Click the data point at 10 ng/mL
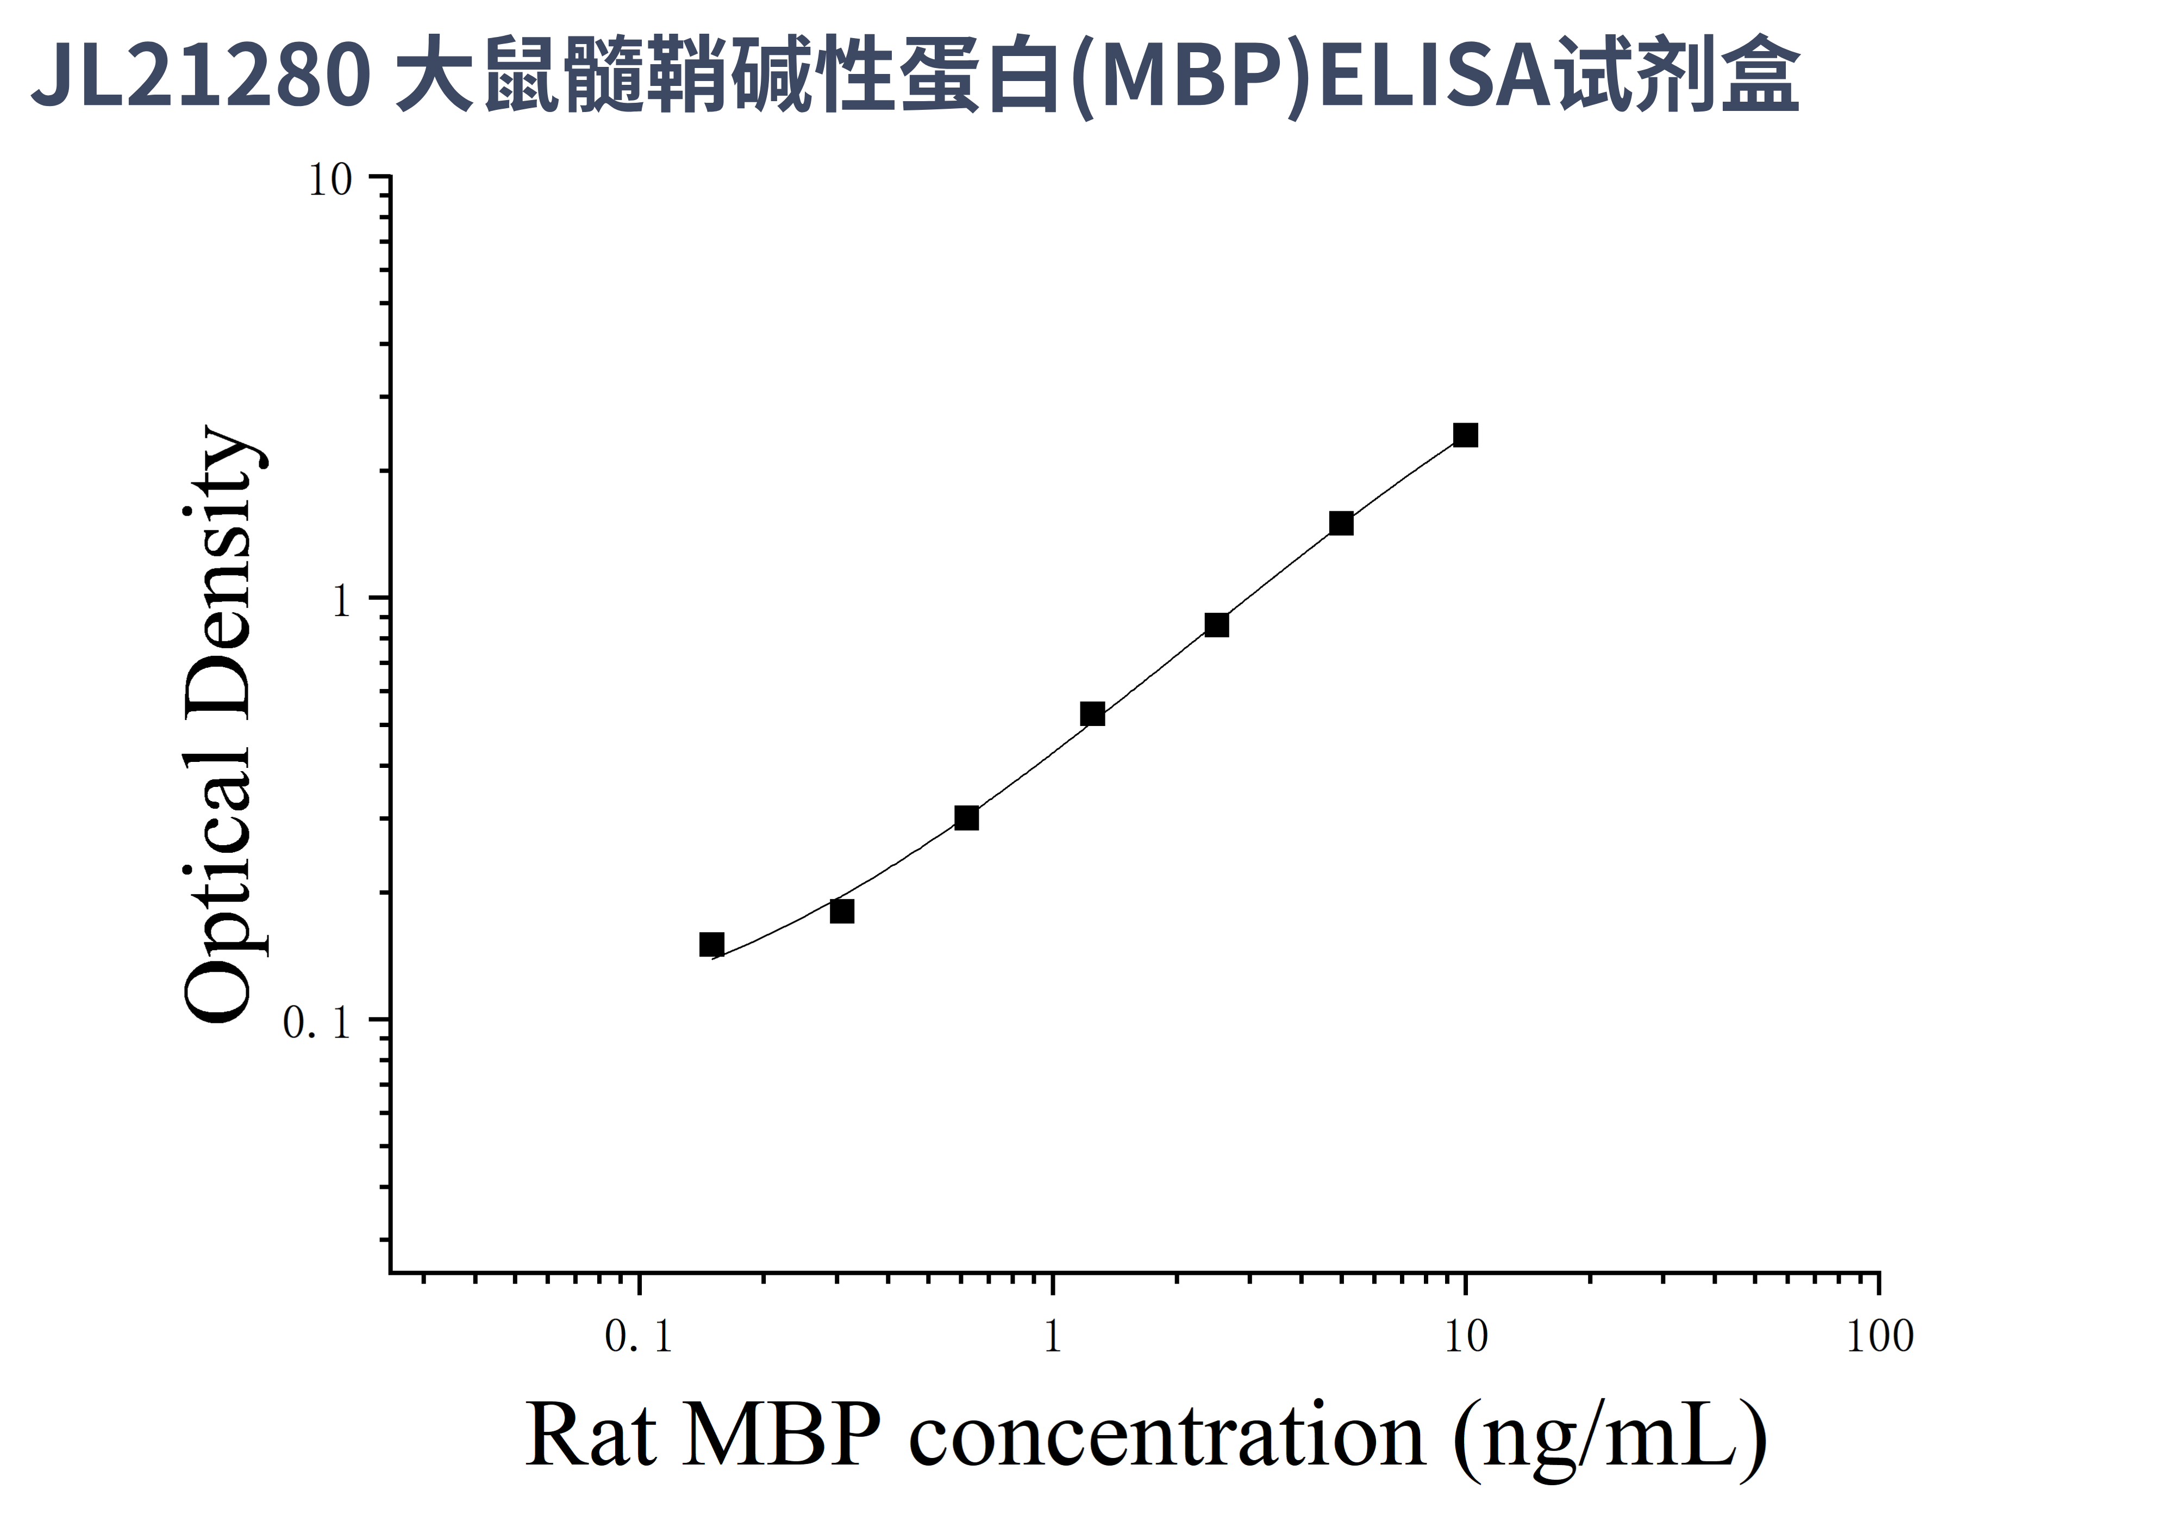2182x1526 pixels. pyautogui.click(x=1465, y=436)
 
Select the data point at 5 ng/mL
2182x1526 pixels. pyautogui.click(x=1341, y=523)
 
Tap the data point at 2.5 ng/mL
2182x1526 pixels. pyautogui.click(x=1216, y=625)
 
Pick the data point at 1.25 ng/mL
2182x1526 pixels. pyautogui.click(x=1093, y=714)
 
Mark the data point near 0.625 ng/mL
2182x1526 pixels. pyautogui.click(x=966, y=818)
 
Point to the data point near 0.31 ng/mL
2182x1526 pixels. pyautogui.click(x=842, y=912)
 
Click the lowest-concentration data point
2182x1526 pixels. pyautogui.click(x=712, y=944)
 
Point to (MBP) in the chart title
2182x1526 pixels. pyautogui.click(x=1193, y=76)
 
